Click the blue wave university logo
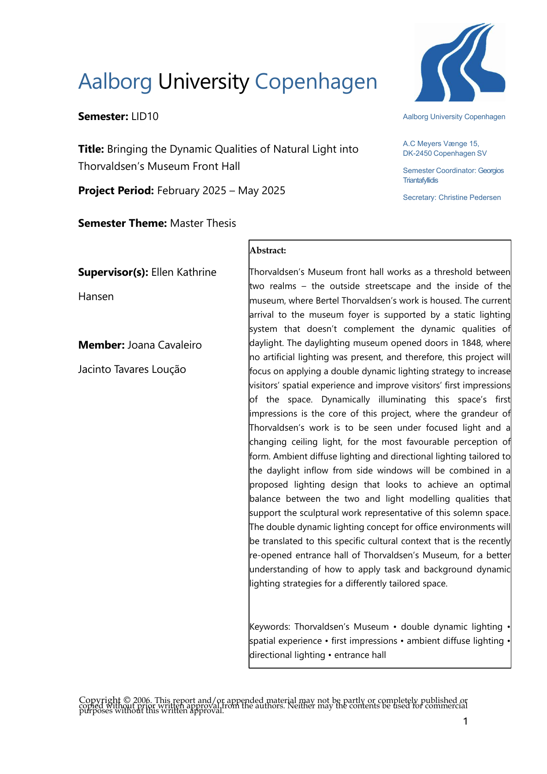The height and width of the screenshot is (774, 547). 460,62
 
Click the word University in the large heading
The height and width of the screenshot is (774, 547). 203,82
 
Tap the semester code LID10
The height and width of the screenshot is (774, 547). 145,116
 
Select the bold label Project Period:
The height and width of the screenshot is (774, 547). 116,191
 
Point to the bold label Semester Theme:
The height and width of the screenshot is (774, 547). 122,223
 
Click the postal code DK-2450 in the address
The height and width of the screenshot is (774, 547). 417,154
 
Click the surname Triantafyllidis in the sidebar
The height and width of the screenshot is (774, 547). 420,180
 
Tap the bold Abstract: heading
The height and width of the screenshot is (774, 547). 268,251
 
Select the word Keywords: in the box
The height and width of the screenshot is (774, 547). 270,627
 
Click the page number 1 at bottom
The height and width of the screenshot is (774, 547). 465,721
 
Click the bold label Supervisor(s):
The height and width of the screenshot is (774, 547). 113,272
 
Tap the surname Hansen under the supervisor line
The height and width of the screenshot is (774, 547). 96,297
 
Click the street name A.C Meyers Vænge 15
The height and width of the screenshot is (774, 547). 441,144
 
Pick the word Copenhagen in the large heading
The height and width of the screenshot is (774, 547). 316,82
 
